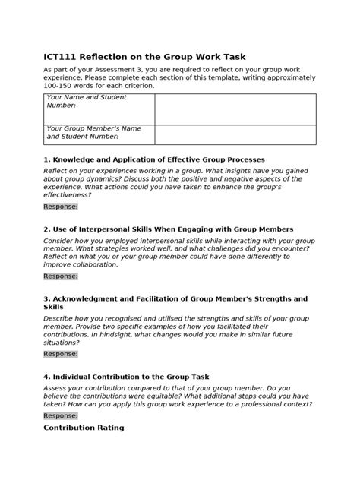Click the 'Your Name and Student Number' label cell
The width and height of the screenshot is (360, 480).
[x=99, y=109]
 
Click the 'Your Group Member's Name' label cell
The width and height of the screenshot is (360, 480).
[x=99, y=134]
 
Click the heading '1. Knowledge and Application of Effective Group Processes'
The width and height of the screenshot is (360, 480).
[x=154, y=159]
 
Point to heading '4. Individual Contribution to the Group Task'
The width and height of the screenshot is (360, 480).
[x=137, y=377]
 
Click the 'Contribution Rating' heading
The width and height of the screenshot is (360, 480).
[x=84, y=428]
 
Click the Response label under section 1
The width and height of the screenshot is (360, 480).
[x=61, y=207]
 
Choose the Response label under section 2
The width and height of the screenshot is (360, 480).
[x=61, y=276]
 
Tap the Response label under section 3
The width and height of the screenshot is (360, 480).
[x=61, y=354]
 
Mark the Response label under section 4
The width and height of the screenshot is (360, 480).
[x=61, y=415]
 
